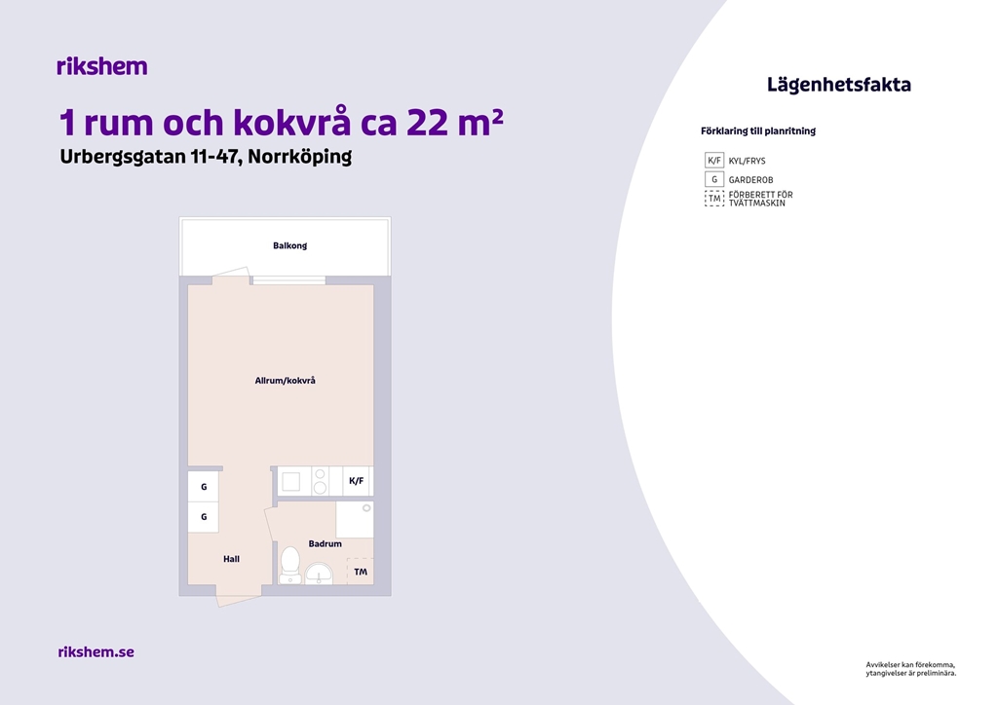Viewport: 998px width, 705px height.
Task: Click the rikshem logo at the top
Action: [101, 66]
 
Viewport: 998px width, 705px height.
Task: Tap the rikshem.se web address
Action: [96, 651]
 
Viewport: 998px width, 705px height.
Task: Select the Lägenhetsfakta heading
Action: [838, 85]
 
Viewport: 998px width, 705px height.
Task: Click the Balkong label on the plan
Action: [289, 245]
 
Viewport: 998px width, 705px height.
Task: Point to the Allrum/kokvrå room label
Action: [286, 380]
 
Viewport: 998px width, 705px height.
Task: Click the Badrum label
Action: [325, 543]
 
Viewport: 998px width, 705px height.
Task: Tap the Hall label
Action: [231, 559]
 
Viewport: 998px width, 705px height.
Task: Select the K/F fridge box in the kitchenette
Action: [357, 481]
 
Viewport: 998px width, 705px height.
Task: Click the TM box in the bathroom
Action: [360, 572]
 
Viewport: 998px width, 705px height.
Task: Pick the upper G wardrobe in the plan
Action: [204, 487]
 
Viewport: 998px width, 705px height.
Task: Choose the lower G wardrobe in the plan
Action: [204, 517]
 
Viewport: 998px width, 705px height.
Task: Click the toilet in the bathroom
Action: [290, 565]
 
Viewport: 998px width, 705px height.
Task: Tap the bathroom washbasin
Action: [319, 574]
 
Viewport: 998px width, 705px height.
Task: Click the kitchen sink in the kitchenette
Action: [291, 481]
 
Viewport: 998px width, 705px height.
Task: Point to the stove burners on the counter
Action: [320, 481]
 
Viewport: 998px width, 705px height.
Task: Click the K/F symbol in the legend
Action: [714, 161]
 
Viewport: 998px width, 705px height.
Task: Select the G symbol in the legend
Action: [714, 179]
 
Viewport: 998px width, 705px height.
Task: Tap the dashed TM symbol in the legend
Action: [714, 199]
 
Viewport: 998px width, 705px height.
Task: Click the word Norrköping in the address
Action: [300, 157]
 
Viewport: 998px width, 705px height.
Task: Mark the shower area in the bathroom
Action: [355, 520]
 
